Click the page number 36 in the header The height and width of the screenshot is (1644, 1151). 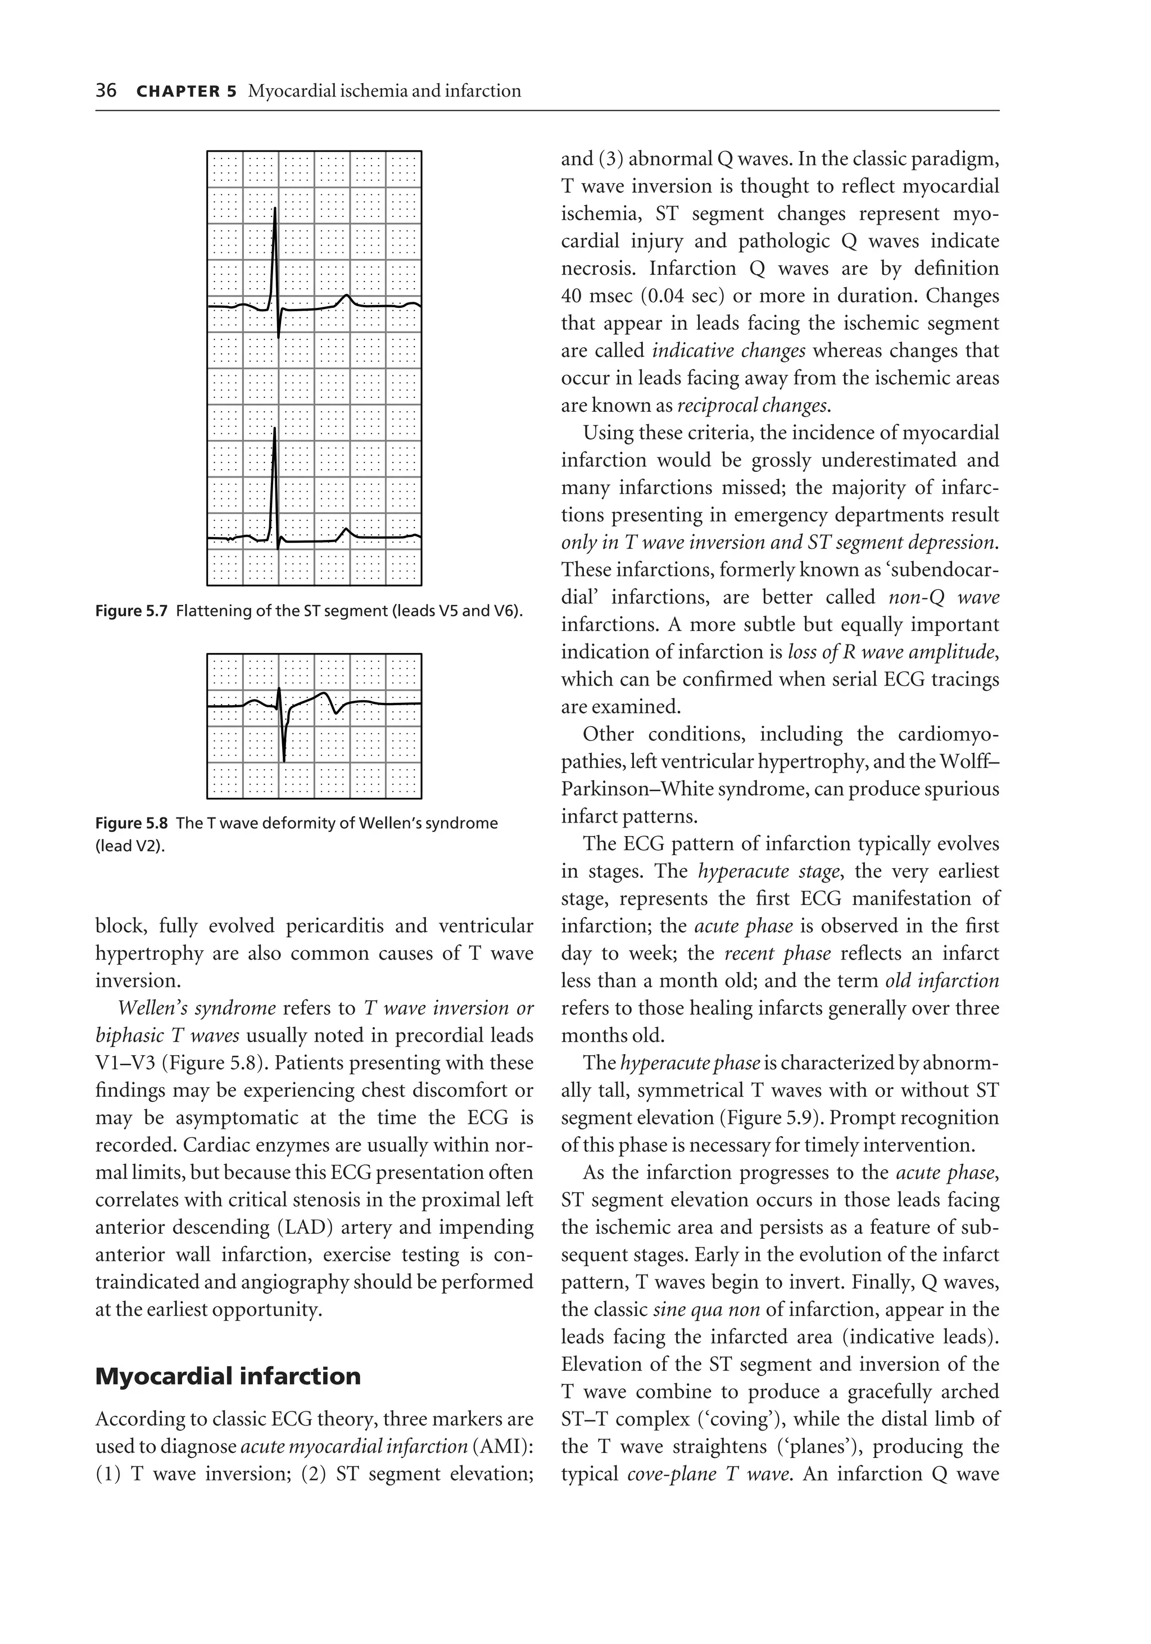[x=106, y=91]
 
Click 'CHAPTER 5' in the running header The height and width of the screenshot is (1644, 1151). [x=185, y=92]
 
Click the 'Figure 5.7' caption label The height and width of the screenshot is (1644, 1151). [x=131, y=611]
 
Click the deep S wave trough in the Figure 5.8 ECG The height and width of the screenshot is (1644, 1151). [x=284, y=760]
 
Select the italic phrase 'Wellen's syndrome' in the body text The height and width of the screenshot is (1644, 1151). [x=197, y=1008]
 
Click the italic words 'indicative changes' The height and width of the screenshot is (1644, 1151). [x=728, y=351]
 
